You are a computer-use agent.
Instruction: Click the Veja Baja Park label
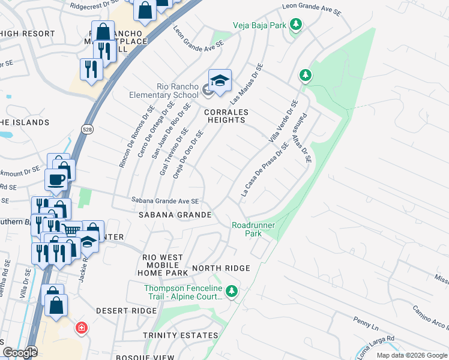click(x=259, y=25)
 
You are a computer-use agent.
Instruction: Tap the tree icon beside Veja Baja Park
click(x=295, y=25)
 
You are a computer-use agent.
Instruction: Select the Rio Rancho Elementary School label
click(x=164, y=91)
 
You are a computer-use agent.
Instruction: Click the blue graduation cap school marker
click(x=219, y=81)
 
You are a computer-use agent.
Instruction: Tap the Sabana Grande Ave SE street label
click(x=165, y=202)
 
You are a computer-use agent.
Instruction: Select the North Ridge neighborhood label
click(x=217, y=268)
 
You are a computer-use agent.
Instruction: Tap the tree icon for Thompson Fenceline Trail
click(x=232, y=292)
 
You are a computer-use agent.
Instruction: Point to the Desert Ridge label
click(x=126, y=311)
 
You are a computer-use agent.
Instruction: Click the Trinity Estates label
click(x=180, y=335)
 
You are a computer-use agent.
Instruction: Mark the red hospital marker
click(x=81, y=328)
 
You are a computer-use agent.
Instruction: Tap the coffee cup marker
click(x=56, y=179)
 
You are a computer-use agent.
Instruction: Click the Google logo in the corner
click(x=19, y=352)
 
